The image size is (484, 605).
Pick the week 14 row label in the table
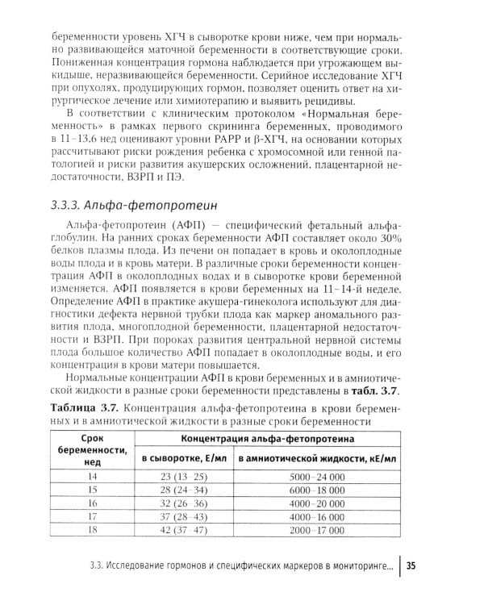click(x=90, y=478)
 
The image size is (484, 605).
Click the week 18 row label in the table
click(x=90, y=531)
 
